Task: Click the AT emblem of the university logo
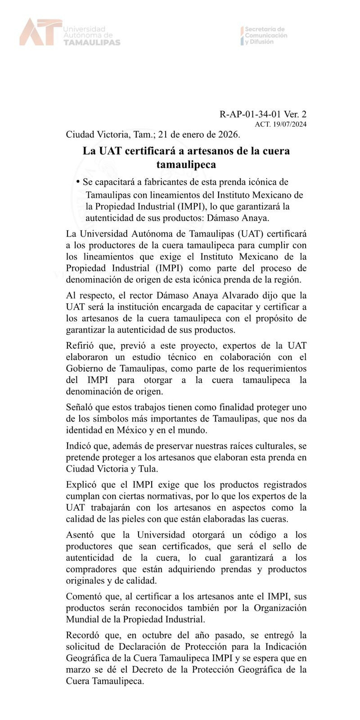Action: (x=40, y=32)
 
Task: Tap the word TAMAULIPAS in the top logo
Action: (x=92, y=42)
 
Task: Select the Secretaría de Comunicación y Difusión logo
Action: (x=265, y=35)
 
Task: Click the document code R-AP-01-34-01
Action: (x=253, y=115)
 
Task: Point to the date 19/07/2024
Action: (x=290, y=125)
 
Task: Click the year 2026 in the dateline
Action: (x=228, y=134)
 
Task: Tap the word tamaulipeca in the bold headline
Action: (x=186, y=165)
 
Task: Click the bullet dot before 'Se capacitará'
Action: (x=78, y=182)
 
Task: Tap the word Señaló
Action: (x=80, y=407)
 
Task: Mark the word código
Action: (x=255, y=535)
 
